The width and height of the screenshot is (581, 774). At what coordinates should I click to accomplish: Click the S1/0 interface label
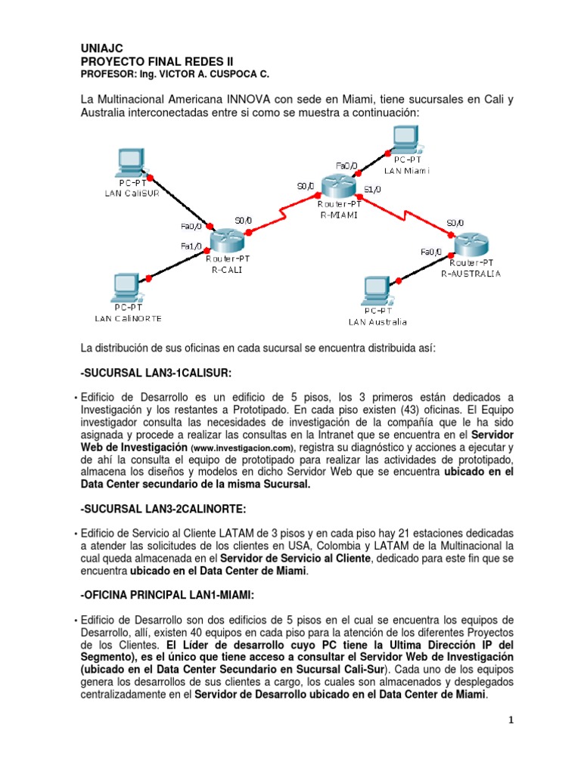pos(372,190)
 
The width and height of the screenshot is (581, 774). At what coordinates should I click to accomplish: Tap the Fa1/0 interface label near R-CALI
pos(191,246)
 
